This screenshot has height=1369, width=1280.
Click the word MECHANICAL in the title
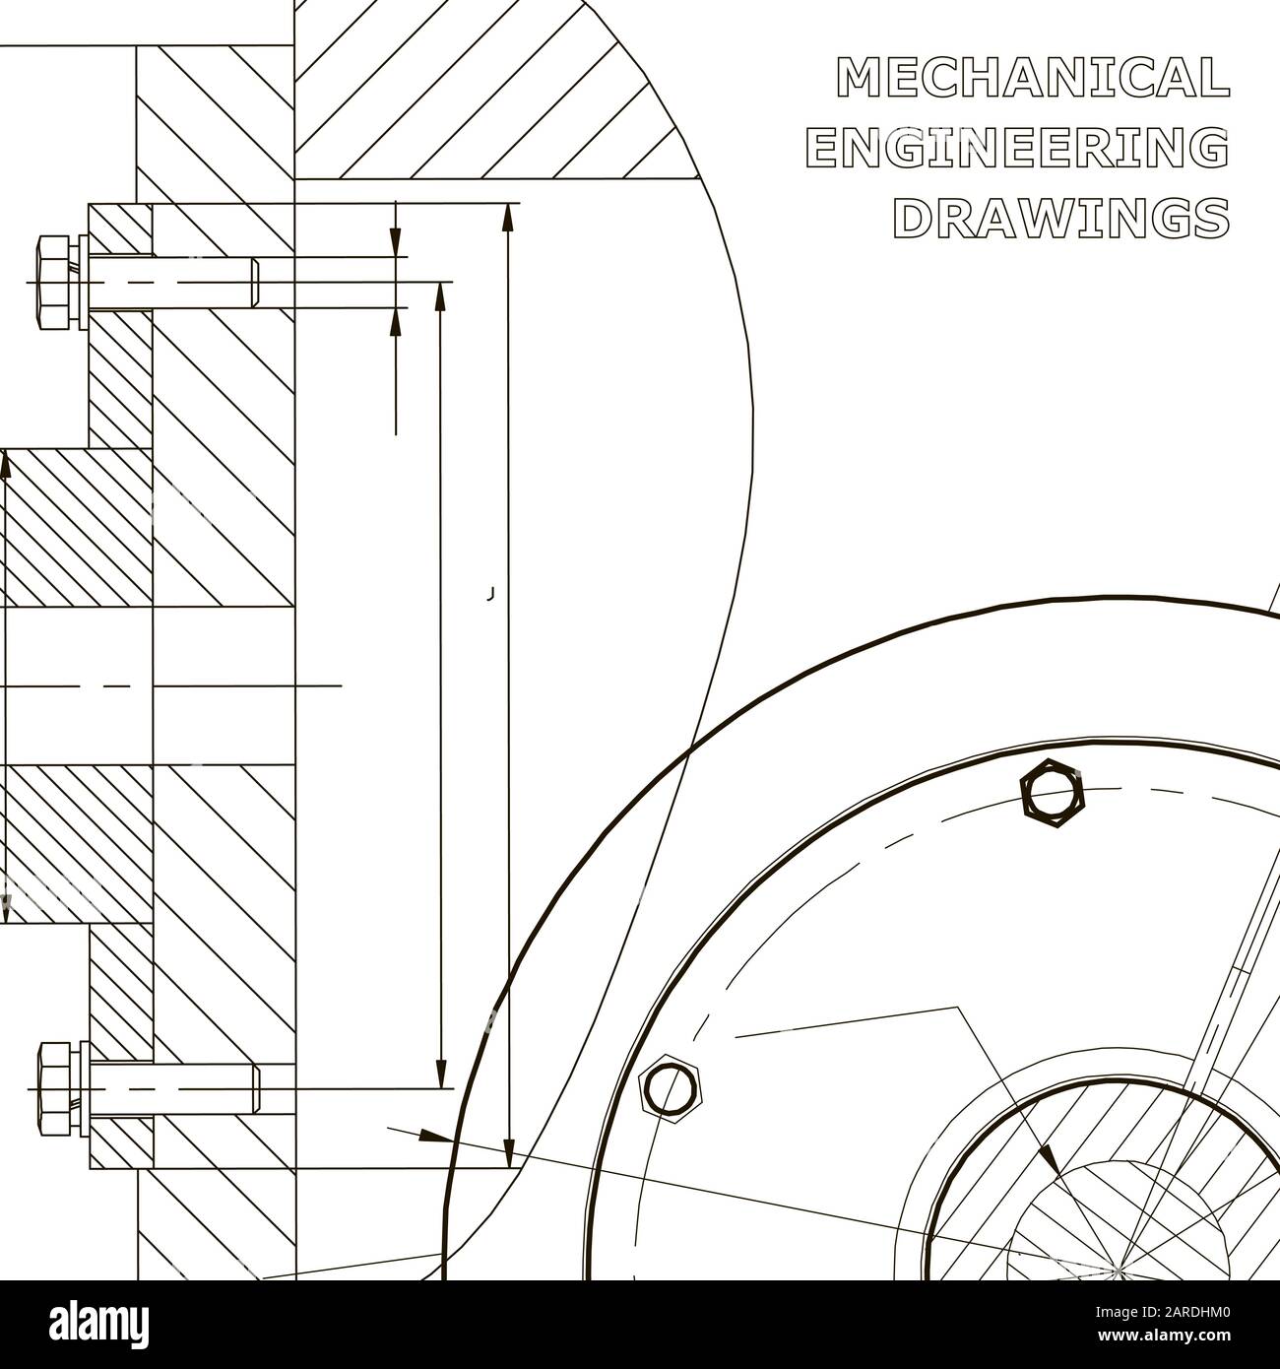point(1033,78)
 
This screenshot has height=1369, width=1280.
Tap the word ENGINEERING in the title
point(1017,148)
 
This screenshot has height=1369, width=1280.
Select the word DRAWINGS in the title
point(1060,218)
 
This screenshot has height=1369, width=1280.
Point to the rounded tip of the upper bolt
point(255,283)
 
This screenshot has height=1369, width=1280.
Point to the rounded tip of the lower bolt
point(256,1089)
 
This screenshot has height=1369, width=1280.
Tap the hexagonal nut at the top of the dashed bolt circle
point(1053,794)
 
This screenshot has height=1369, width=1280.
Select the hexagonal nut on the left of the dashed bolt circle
point(672,1088)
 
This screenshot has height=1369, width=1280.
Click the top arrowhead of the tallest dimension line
point(508,218)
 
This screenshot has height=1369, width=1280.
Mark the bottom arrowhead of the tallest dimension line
point(509,1152)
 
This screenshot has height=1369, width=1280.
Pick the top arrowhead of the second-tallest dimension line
point(440,295)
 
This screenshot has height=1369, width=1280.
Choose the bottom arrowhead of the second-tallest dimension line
point(440,1075)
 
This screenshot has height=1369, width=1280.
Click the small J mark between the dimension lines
point(489,594)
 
